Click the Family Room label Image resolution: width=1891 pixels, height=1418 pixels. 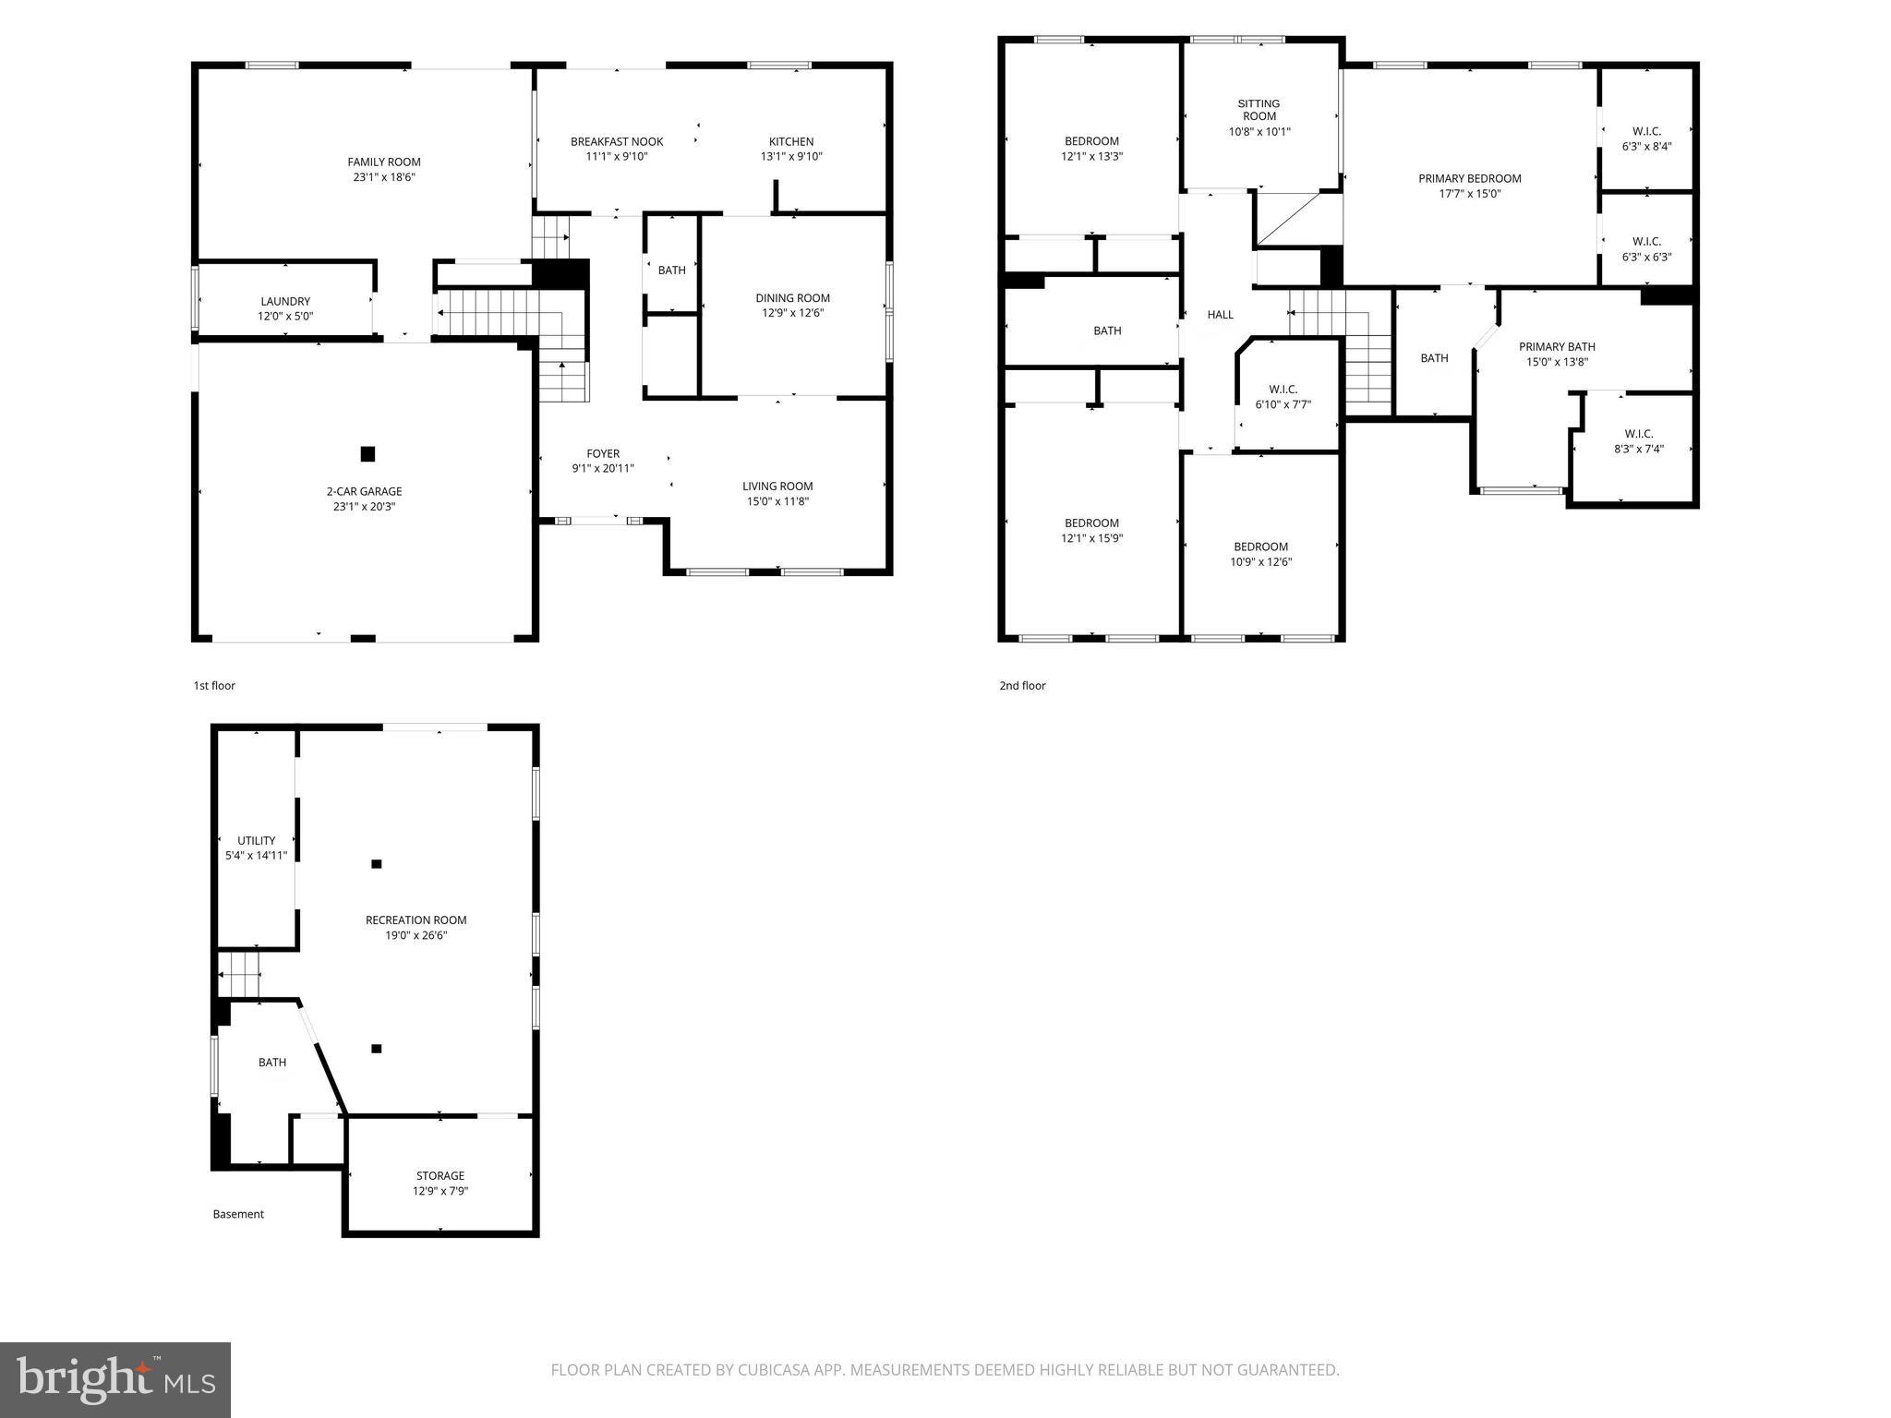pyautogui.click(x=384, y=162)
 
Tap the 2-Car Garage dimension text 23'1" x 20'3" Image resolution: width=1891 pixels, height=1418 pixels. pyautogui.click(x=364, y=507)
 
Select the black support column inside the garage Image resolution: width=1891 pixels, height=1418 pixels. pyautogui.click(x=367, y=453)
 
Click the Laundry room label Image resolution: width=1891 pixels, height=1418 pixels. pyautogui.click(x=285, y=301)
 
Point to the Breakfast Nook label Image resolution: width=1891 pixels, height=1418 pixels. pyautogui.click(x=617, y=141)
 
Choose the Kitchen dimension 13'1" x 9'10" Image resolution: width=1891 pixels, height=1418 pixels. pyautogui.click(x=791, y=157)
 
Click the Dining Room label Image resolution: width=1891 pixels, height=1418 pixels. pyautogui.click(x=792, y=297)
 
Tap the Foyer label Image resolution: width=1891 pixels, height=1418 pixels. pyautogui.click(x=603, y=453)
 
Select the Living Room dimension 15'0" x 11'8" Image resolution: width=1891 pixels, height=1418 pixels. pyautogui.click(x=777, y=502)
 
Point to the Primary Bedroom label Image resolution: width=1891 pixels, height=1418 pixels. pyautogui.click(x=1469, y=178)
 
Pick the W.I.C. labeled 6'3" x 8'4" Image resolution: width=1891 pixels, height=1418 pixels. pyautogui.click(x=1646, y=138)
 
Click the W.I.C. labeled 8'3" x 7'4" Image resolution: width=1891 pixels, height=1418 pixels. pyautogui.click(x=1638, y=441)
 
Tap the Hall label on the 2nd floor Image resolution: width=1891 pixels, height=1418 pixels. pyautogui.click(x=1220, y=315)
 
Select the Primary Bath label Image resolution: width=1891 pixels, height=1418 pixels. pyautogui.click(x=1557, y=346)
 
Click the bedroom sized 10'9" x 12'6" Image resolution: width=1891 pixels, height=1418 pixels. pyautogui.click(x=1260, y=554)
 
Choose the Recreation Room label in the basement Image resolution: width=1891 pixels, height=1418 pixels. pyautogui.click(x=416, y=919)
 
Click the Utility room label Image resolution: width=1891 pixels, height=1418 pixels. pyautogui.click(x=256, y=840)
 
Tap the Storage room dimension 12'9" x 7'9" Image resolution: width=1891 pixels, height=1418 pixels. pyautogui.click(x=440, y=1191)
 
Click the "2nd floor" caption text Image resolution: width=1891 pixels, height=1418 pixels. pyautogui.click(x=1022, y=686)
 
